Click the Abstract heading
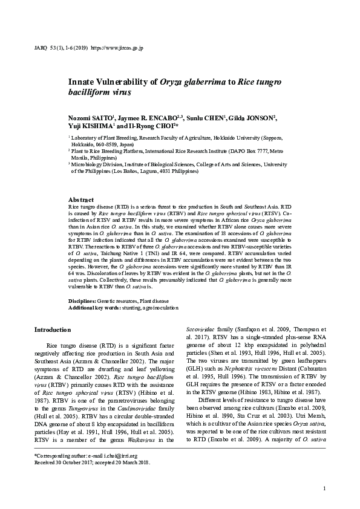[x=81, y=199]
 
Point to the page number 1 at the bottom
[x=325, y=488]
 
